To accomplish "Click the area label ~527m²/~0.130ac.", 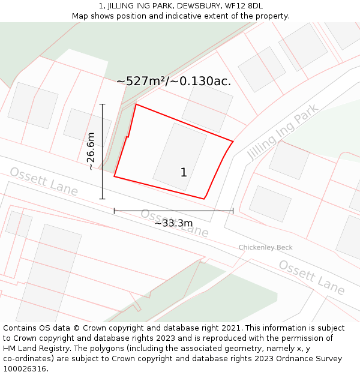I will tap(173, 81).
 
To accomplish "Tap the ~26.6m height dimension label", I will tap(91, 151).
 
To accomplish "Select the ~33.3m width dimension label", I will tap(173, 223).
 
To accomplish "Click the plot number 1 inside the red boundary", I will tap(184, 173).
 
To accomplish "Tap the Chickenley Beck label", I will tap(265, 247).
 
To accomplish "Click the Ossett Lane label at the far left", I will tap(44, 181).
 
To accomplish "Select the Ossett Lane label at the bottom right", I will tap(311, 278).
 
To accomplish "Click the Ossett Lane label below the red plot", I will tap(175, 222).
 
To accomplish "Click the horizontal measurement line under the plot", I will tap(173, 211).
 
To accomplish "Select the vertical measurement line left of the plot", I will tap(103, 151).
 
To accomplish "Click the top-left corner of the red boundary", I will tap(136, 104).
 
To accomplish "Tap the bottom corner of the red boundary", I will tap(204, 199).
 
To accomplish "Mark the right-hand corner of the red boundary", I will tap(233, 142).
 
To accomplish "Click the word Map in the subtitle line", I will tap(81, 16).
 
